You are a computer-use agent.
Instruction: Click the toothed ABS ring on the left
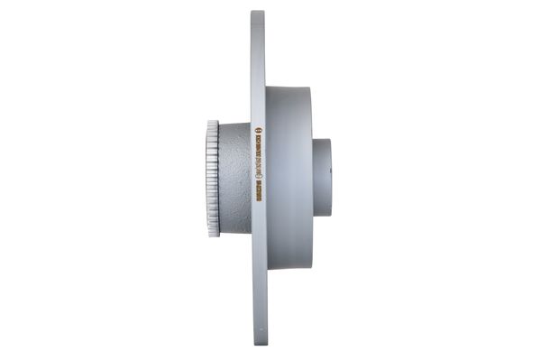214,180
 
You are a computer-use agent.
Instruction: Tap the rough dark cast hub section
235,180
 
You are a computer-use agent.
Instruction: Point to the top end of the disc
258,14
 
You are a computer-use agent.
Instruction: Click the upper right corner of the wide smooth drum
310,88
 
